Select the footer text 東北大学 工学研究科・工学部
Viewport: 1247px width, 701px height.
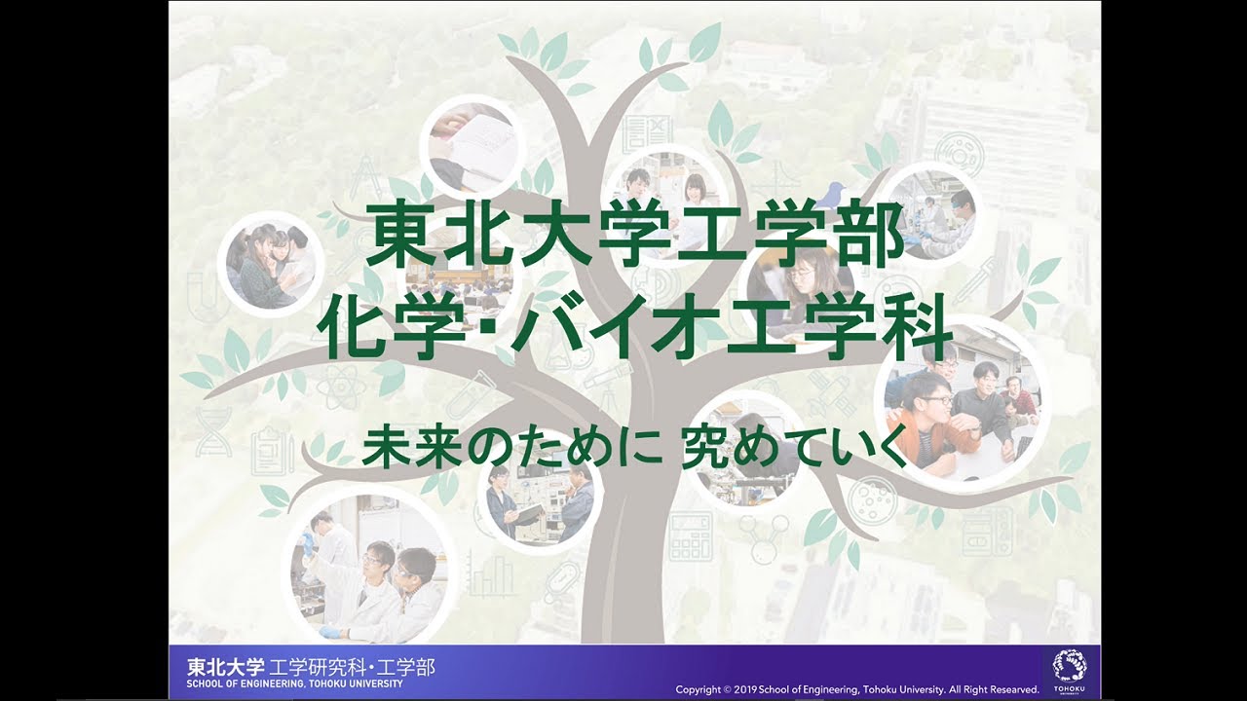click(311, 667)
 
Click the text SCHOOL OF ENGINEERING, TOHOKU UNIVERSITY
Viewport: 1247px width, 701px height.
click(294, 683)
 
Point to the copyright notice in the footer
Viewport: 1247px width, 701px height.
click(857, 689)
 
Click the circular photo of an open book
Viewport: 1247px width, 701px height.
click(472, 146)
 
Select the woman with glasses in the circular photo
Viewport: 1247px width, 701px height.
click(805, 277)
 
